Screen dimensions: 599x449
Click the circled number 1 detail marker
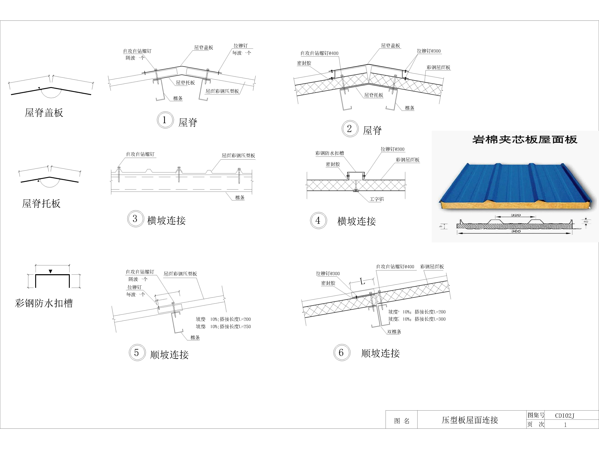tap(165, 120)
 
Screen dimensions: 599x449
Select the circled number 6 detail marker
tap(341, 352)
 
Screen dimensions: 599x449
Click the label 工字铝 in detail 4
tap(377, 199)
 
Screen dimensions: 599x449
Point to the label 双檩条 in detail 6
tap(394, 332)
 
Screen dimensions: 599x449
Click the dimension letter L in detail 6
tap(363, 282)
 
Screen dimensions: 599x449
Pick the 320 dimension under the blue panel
tap(516, 215)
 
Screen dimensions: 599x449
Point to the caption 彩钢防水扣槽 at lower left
tap(44, 303)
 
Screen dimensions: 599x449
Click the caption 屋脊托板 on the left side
tap(41, 204)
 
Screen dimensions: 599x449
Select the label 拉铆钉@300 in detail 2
tap(429, 51)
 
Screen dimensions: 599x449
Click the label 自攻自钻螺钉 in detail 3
tap(140, 154)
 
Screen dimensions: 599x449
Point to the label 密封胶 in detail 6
tap(328, 283)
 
